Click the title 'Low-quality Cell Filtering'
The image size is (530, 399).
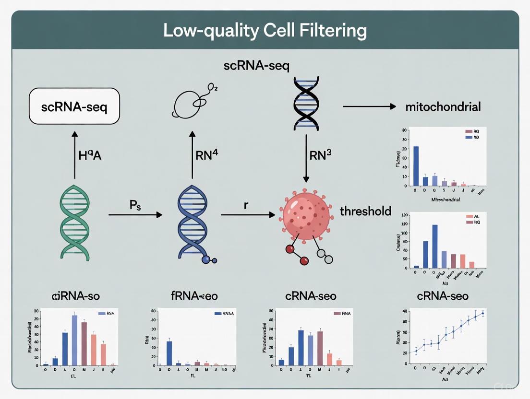[x=265, y=31]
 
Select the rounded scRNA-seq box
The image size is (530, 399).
[x=74, y=106]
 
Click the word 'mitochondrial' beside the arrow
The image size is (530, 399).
[x=443, y=107]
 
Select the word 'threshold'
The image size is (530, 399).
[x=365, y=211]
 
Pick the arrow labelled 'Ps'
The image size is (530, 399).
[x=135, y=215]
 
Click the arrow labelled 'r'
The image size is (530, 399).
[x=250, y=215]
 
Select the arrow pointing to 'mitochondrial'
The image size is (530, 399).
[x=369, y=106]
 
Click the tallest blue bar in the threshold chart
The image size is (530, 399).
[x=435, y=246]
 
